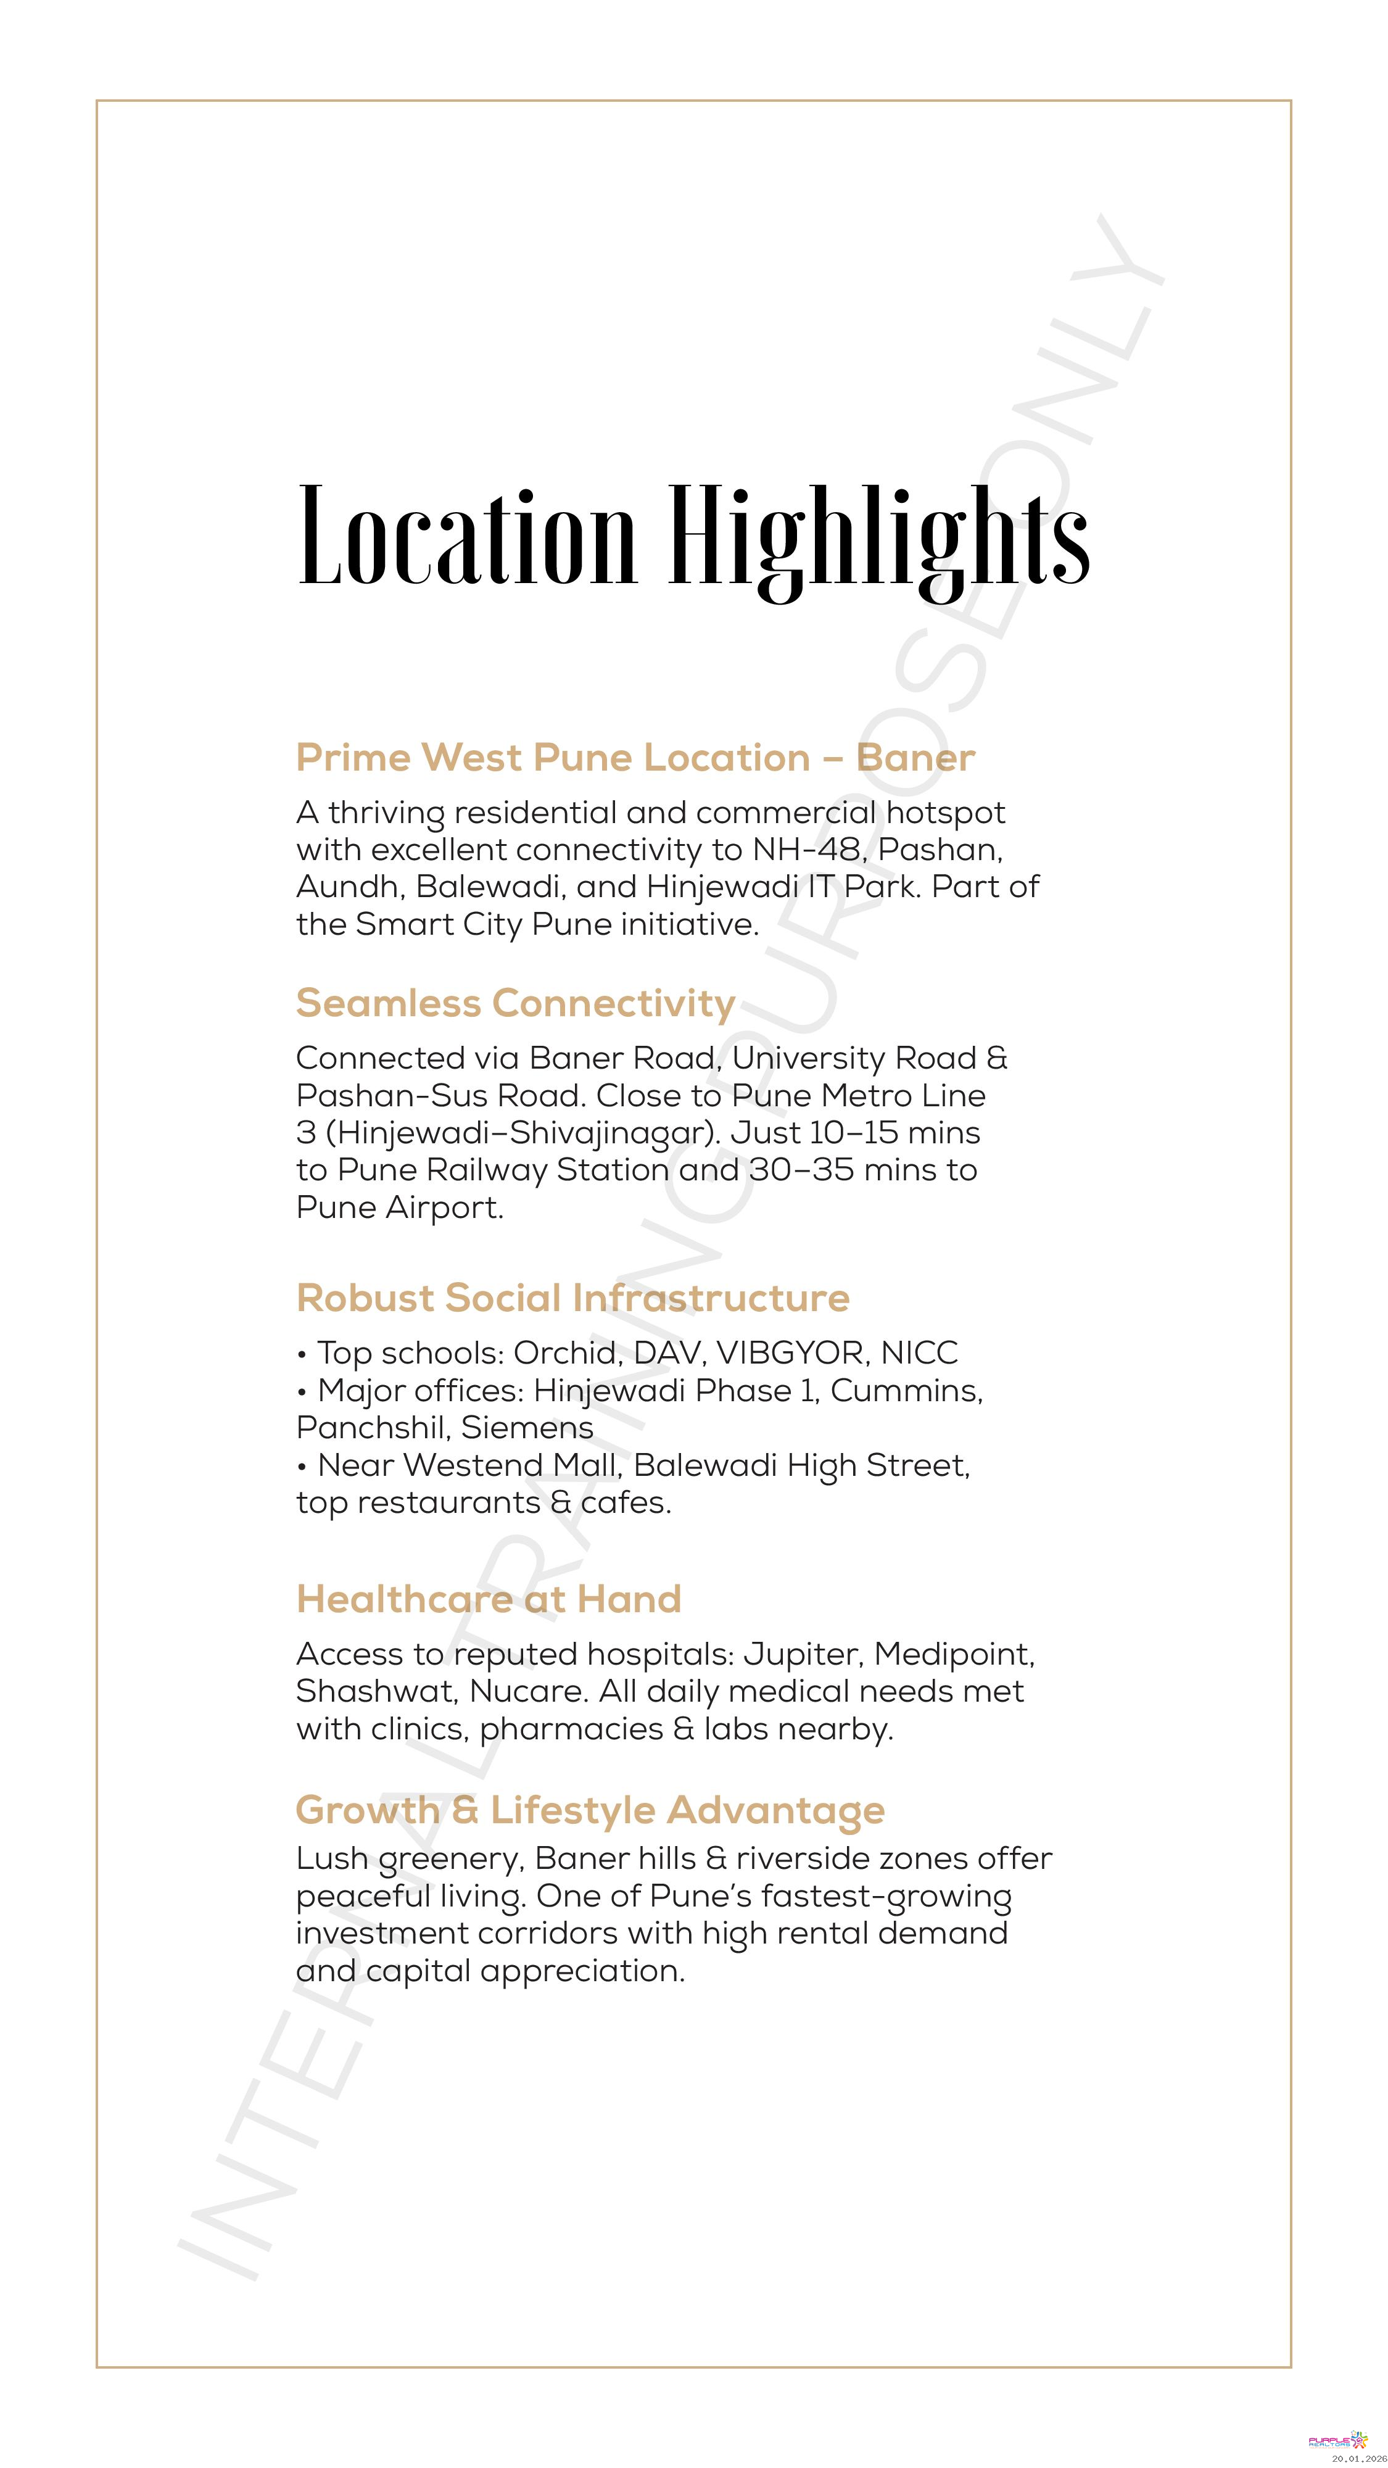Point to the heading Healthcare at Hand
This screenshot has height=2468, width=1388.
tap(489, 1599)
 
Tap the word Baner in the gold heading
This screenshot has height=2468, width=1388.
tap(915, 757)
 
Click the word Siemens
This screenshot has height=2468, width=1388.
tap(527, 1428)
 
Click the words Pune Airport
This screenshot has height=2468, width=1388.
tap(400, 1207)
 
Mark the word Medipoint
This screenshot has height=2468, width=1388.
tap(954, 1655)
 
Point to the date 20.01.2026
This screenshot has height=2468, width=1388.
tap(1358, 2458)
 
